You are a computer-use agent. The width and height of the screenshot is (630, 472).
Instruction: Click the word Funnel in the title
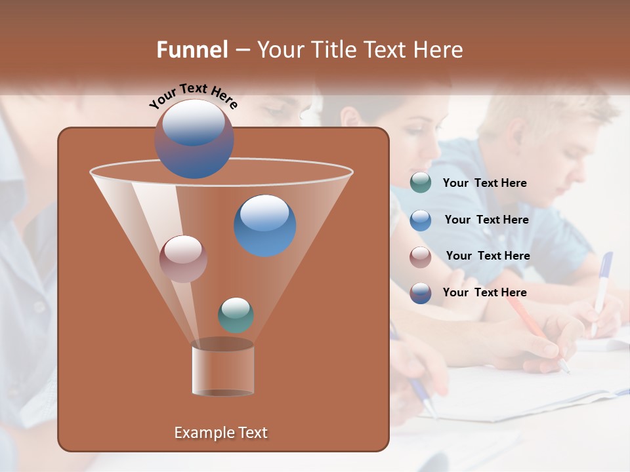click(192, 50)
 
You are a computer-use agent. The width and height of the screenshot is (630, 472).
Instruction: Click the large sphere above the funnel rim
click(194, 138)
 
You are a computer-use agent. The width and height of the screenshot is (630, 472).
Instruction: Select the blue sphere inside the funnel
click(264, 225)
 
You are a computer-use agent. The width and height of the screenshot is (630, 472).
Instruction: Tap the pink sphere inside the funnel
click(183, 258)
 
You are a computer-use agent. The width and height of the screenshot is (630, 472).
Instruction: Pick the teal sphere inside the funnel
click(236, 315)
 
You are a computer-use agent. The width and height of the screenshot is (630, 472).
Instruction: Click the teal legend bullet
click(421, 183)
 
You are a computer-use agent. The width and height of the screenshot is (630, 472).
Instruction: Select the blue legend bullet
click(421, 220)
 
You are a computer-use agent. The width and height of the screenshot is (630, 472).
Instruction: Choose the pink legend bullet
click(421, 256)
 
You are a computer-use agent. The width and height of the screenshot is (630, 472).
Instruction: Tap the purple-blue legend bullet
click(421, 293)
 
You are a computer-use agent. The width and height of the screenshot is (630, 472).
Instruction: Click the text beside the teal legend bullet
click(484, 184)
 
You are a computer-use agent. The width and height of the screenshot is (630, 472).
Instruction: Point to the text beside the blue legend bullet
click(486, 220)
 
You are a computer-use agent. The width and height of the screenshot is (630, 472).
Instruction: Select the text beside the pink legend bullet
click(488, 256)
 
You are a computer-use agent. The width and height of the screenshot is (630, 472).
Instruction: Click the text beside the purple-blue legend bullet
click(484, 293)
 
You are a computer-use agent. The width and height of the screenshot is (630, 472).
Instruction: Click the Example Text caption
click(220, 433)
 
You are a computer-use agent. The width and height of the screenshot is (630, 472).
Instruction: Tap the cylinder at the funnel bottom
click(222, 368)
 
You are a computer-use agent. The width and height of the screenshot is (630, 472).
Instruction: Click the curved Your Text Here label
click(192, 96)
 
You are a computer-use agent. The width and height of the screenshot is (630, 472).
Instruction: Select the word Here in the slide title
click(439, 50)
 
